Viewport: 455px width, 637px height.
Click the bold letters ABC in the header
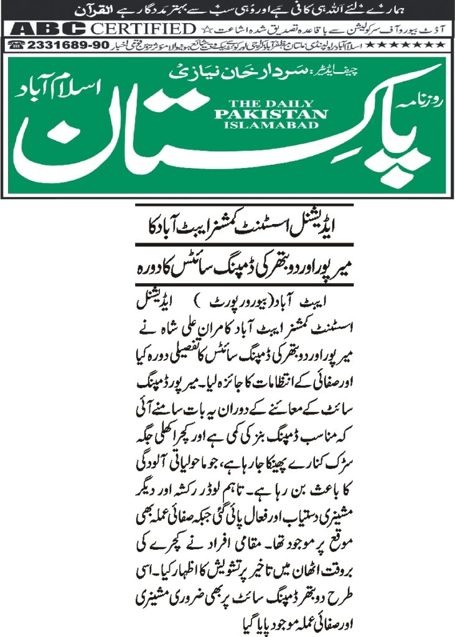[x=47, y=29]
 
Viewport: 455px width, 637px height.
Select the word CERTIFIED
[x=143, y=29]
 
